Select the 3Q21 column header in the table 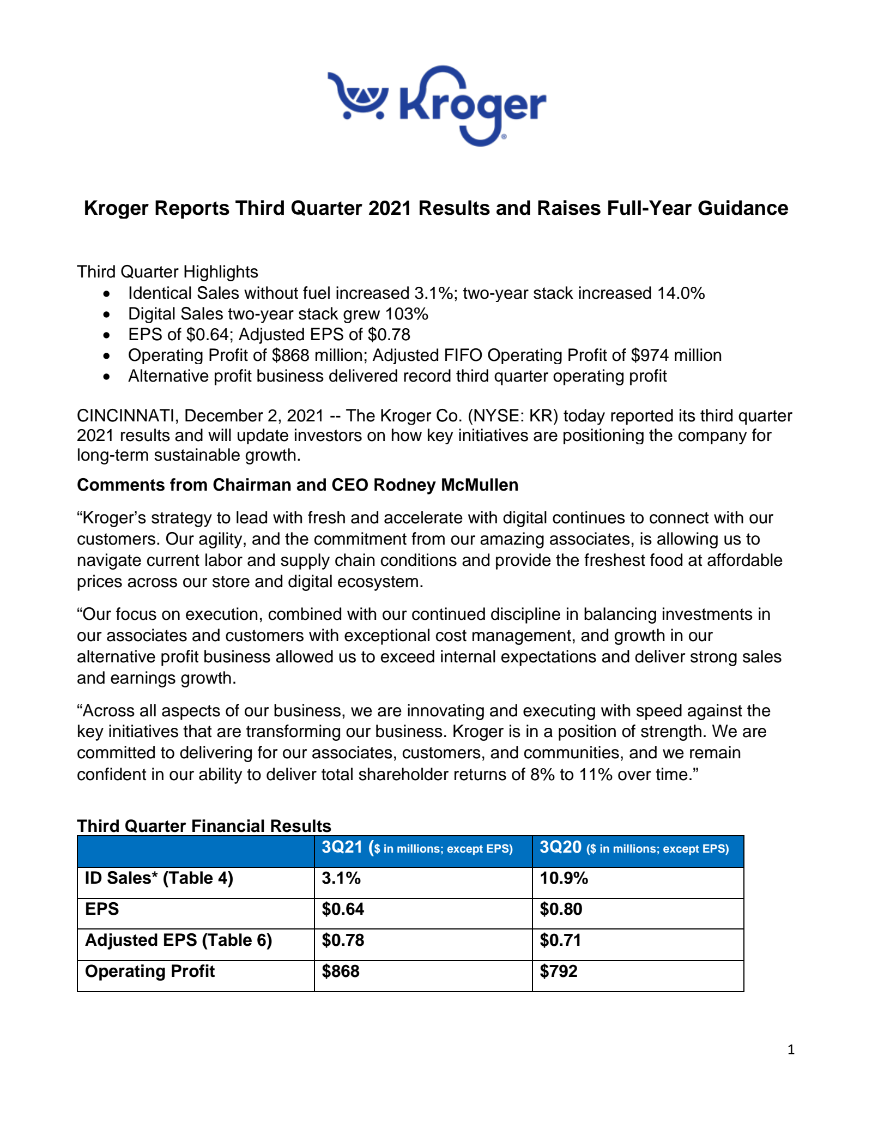click(342, 847)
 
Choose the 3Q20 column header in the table click(560, 847)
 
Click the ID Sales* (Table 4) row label click(159, 878)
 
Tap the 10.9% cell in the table click(564, 878)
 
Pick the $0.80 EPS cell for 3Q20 click(561, 909)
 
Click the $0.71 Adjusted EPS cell click(560, 940)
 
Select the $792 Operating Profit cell click(559, 971)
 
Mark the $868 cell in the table click(341, 971)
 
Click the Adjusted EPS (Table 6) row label click(178, 940)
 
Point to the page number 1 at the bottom click(791, 1050)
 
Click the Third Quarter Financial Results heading click(204, 826)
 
